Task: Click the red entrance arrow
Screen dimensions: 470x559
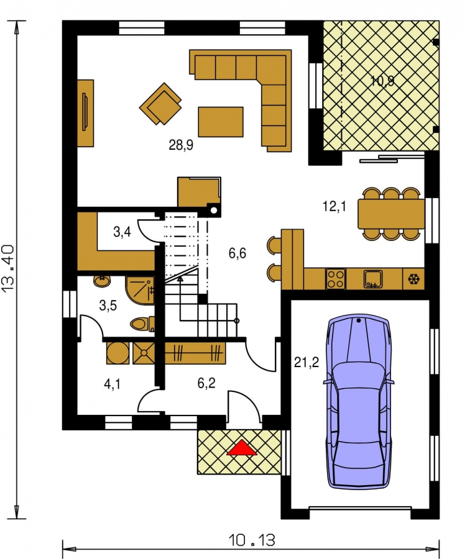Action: pos(242,448)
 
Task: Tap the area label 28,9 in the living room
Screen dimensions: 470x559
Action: pos(181,145)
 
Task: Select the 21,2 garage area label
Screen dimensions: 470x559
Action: pos(306,363)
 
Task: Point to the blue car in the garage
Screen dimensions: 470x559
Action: pos(359,401)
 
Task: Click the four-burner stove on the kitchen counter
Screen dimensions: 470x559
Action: pos(336,279)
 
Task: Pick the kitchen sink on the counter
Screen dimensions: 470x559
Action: pos(373,279)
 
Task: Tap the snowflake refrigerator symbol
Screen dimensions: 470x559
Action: pos(413,279)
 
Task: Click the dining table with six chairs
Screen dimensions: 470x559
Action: pos(391,214)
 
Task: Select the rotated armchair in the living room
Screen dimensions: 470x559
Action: pos(160,104)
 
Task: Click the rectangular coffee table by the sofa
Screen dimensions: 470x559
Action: pos(221,122)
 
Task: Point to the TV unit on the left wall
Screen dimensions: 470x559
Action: pos(86,113)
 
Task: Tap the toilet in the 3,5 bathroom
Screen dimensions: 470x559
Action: pos(142,324)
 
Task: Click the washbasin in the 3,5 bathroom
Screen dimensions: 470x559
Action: pos(103,281)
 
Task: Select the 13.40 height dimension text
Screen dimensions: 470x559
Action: pos(8,267)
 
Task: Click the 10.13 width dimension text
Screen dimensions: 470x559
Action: pos(252,540)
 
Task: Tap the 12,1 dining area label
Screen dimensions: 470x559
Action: pos(334,206)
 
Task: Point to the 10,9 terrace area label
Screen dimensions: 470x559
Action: pos(382,81)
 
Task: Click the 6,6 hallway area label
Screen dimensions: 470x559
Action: pos(237,253)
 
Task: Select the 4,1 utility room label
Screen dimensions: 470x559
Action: pos(112,384)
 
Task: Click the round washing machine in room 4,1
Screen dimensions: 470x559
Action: pos(118,353)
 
